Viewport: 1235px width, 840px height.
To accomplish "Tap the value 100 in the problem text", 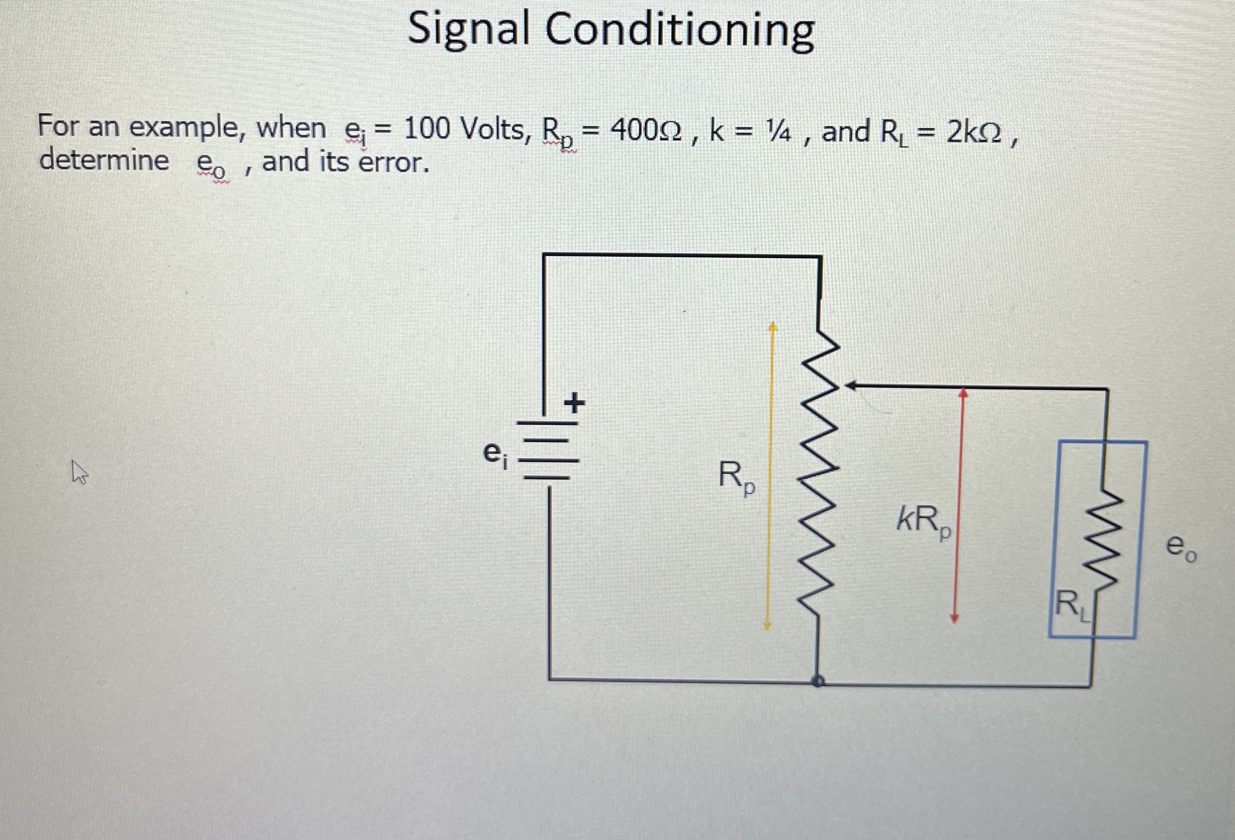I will point(427,129).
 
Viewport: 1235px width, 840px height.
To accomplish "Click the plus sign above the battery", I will point(574,403).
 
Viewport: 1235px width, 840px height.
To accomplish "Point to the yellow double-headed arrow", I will point(770,476).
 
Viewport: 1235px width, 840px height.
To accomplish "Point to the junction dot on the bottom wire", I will point(818,681).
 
